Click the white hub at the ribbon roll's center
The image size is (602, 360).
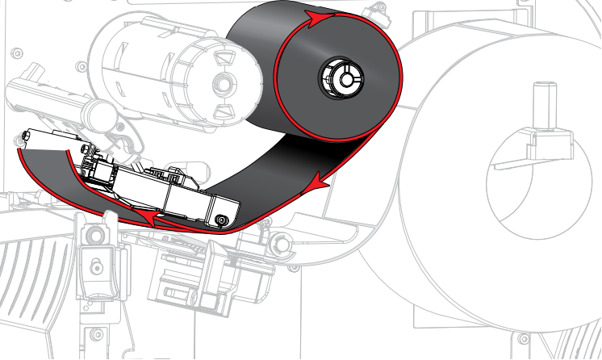(x=340, y=78)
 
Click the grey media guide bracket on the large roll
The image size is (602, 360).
(x=529, y=149)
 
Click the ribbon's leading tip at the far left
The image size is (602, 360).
(x=19, y=150)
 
